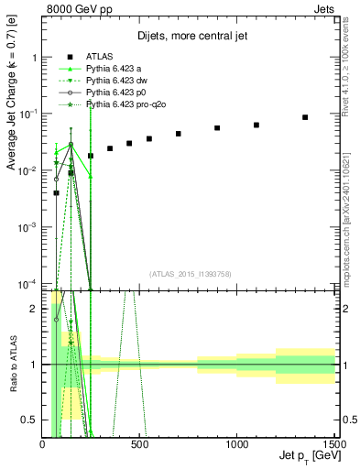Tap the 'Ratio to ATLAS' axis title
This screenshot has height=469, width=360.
tap(12, 364)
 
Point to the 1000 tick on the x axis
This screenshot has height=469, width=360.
tap(237, 443)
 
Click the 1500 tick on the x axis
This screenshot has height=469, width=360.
tap(334, 443)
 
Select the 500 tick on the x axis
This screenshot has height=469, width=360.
tap(140, 443)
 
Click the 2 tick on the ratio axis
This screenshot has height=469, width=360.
tap(35, 309)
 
